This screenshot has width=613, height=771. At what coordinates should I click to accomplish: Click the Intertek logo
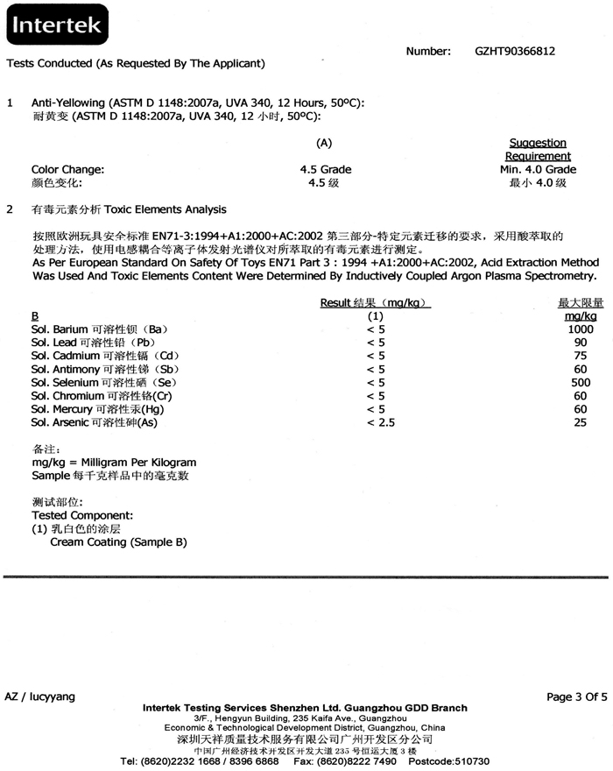pos(56,28)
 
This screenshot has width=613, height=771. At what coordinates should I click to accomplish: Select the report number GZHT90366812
pos(515,52)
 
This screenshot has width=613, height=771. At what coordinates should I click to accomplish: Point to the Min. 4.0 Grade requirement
pos(538,169)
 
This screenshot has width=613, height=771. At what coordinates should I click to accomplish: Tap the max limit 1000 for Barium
pos(580,329)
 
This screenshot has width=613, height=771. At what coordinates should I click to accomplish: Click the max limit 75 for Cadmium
pos(580,356)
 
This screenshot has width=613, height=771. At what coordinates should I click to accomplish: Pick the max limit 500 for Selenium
pos(580,382)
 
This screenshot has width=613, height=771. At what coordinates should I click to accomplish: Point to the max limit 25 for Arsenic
pos(580,422)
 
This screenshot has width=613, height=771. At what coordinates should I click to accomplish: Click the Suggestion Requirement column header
pos(538,149)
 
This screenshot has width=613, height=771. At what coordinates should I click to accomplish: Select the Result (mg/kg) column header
pos(376,302)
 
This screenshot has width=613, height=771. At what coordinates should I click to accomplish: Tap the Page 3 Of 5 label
pos(577,697)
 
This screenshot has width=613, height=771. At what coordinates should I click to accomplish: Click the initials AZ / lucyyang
pos(40,697)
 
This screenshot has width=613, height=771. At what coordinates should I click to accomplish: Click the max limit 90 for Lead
pos(580,343)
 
